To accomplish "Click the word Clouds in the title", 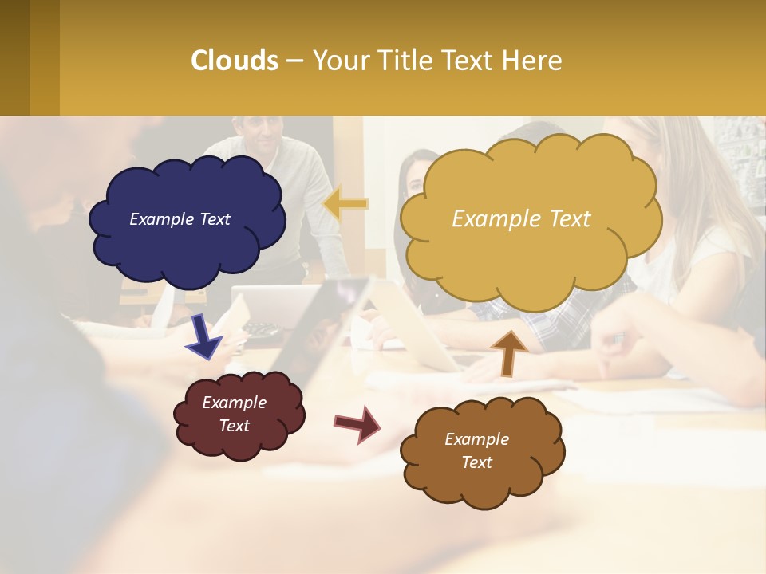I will (x=235, y=61).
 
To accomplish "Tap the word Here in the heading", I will (x=533, y=61).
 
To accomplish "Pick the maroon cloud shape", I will (x=239, y=442).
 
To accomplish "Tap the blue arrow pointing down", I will (x=203, y=336).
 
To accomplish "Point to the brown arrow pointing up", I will (x=508, y=353).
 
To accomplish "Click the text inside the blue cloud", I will (x=180, y=219).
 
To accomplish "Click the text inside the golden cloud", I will (x=521, y=219).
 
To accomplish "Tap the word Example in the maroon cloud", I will (x=234, y=403).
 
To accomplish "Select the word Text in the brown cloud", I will (x=476, y=462).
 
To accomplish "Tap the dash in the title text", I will (x=294, y=61).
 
